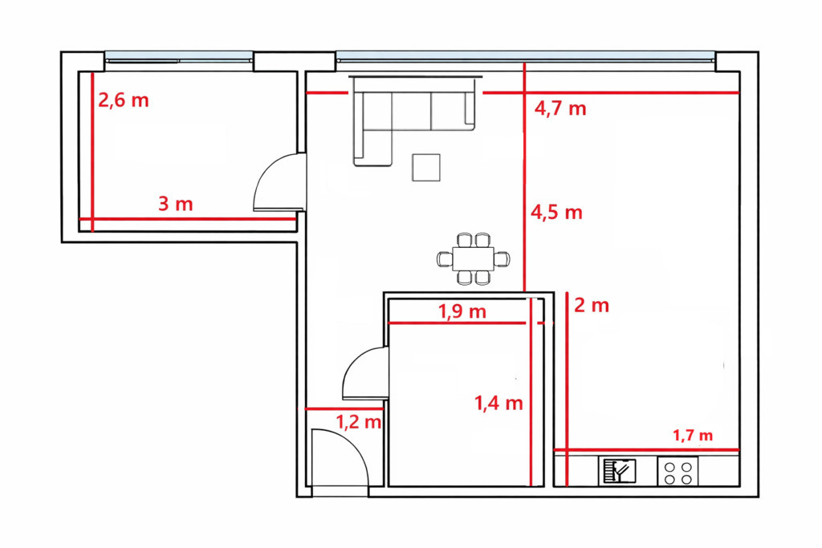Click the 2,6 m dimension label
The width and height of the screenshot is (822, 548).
[x=124, y=100]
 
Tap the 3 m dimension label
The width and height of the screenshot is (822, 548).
[x=176, y=203]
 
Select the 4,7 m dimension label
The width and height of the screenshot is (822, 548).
[x=560, y=108]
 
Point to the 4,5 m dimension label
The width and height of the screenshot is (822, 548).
[x=557, y=212]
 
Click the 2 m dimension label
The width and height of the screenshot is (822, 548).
[x=592, y=305]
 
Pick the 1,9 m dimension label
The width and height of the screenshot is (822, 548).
[x=462, y=312]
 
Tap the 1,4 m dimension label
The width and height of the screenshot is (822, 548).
[x=499, y=403]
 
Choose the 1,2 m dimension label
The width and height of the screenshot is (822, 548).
[x=358, y=421]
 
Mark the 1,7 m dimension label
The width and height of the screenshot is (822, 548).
[x=693, y=436]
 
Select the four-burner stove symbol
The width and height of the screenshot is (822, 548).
[x=678, y=471]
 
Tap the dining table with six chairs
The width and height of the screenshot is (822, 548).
[x=473, y=259]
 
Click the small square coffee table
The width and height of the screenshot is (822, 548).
[x=425, y=167]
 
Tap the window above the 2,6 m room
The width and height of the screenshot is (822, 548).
[x=179, y=57]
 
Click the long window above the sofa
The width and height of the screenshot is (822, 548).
[x=525, y=57]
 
